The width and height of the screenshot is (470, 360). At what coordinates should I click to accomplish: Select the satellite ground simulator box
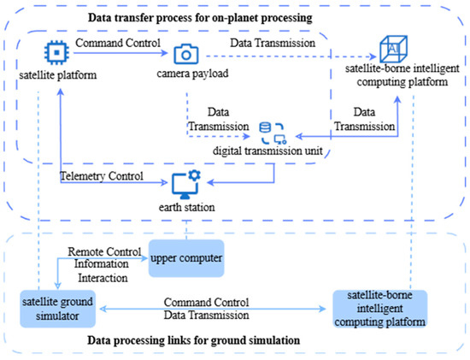coord(57,304)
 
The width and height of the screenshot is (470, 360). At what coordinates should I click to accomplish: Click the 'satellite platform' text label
coord(57,75)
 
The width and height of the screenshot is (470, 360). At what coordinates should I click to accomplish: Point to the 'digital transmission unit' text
coord(273,150)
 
